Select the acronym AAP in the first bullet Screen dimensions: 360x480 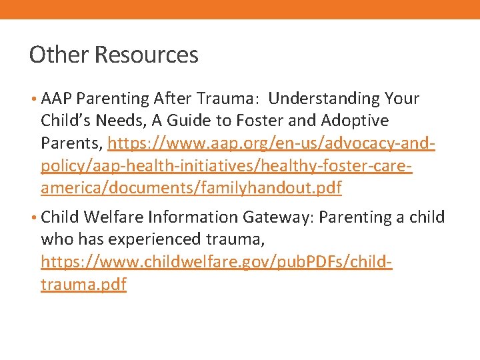[57, 99]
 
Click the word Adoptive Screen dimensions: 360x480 [356, 121]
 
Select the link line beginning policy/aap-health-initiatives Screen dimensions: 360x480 [227, 166]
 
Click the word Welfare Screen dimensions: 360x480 [113, 217]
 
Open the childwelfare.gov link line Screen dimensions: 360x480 [217, 262]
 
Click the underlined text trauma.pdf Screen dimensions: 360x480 [83, 285]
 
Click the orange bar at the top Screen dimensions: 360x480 [240, 9]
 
